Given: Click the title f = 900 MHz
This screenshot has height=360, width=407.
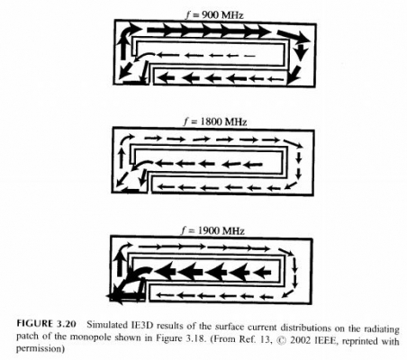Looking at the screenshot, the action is (x=213, y=15).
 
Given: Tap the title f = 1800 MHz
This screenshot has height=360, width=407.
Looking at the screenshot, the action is (x=215, y=121).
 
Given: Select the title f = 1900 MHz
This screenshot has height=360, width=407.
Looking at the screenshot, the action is (x=213, y=230).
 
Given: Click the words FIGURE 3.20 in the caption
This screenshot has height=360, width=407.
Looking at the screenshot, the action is (x=46, y=324).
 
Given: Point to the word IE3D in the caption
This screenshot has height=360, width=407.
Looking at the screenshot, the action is (x=142, y=325).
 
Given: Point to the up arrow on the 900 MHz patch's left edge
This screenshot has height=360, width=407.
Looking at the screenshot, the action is (x=122, y=48).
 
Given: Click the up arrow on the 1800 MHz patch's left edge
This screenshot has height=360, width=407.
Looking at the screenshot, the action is (x=122, y=157).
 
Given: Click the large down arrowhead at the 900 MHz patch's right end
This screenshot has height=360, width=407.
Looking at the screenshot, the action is (x=301, y=51).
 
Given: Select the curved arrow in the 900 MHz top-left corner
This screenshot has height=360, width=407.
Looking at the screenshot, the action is (x=131, y=31).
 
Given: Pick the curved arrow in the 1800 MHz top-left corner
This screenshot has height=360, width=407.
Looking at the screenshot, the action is (x=127, y=139).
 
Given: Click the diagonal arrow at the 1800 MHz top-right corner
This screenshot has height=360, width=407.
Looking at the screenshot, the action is (x=294, y=143).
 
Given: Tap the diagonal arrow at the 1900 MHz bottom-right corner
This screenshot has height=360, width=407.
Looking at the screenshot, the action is (x=289, y=293).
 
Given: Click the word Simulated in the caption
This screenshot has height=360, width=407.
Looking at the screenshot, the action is (x=106, y=324).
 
